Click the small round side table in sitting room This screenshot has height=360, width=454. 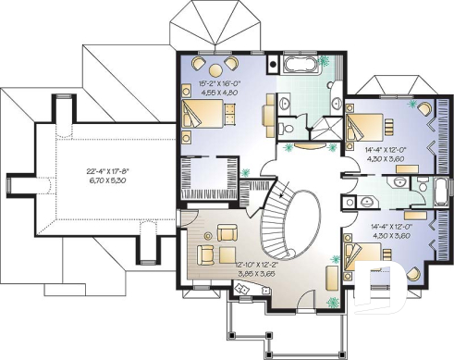tap(205, 253)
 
